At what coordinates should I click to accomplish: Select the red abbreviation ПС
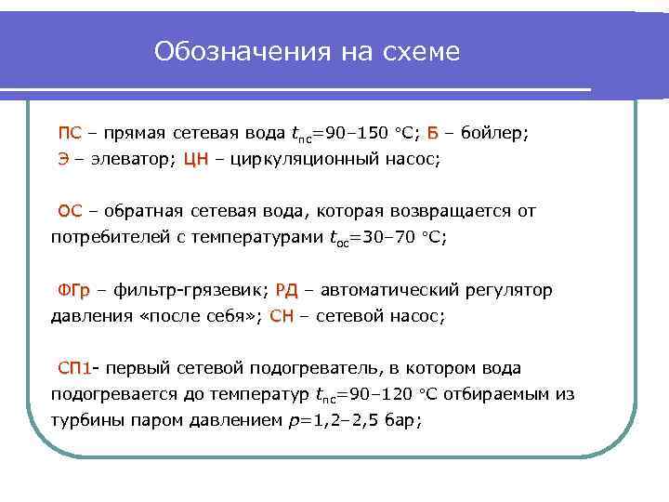pos(70,132)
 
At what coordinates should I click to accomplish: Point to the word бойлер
pos(493,132)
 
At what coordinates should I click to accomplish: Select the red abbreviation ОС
pos(71,211)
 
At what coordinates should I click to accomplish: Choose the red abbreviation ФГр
pos(74,290)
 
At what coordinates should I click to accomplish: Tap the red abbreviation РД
pos(286,290)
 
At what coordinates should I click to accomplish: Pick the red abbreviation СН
pos(281,316)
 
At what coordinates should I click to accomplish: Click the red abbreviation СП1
pos(75,368)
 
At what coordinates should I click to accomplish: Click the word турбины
pos(85,420)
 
